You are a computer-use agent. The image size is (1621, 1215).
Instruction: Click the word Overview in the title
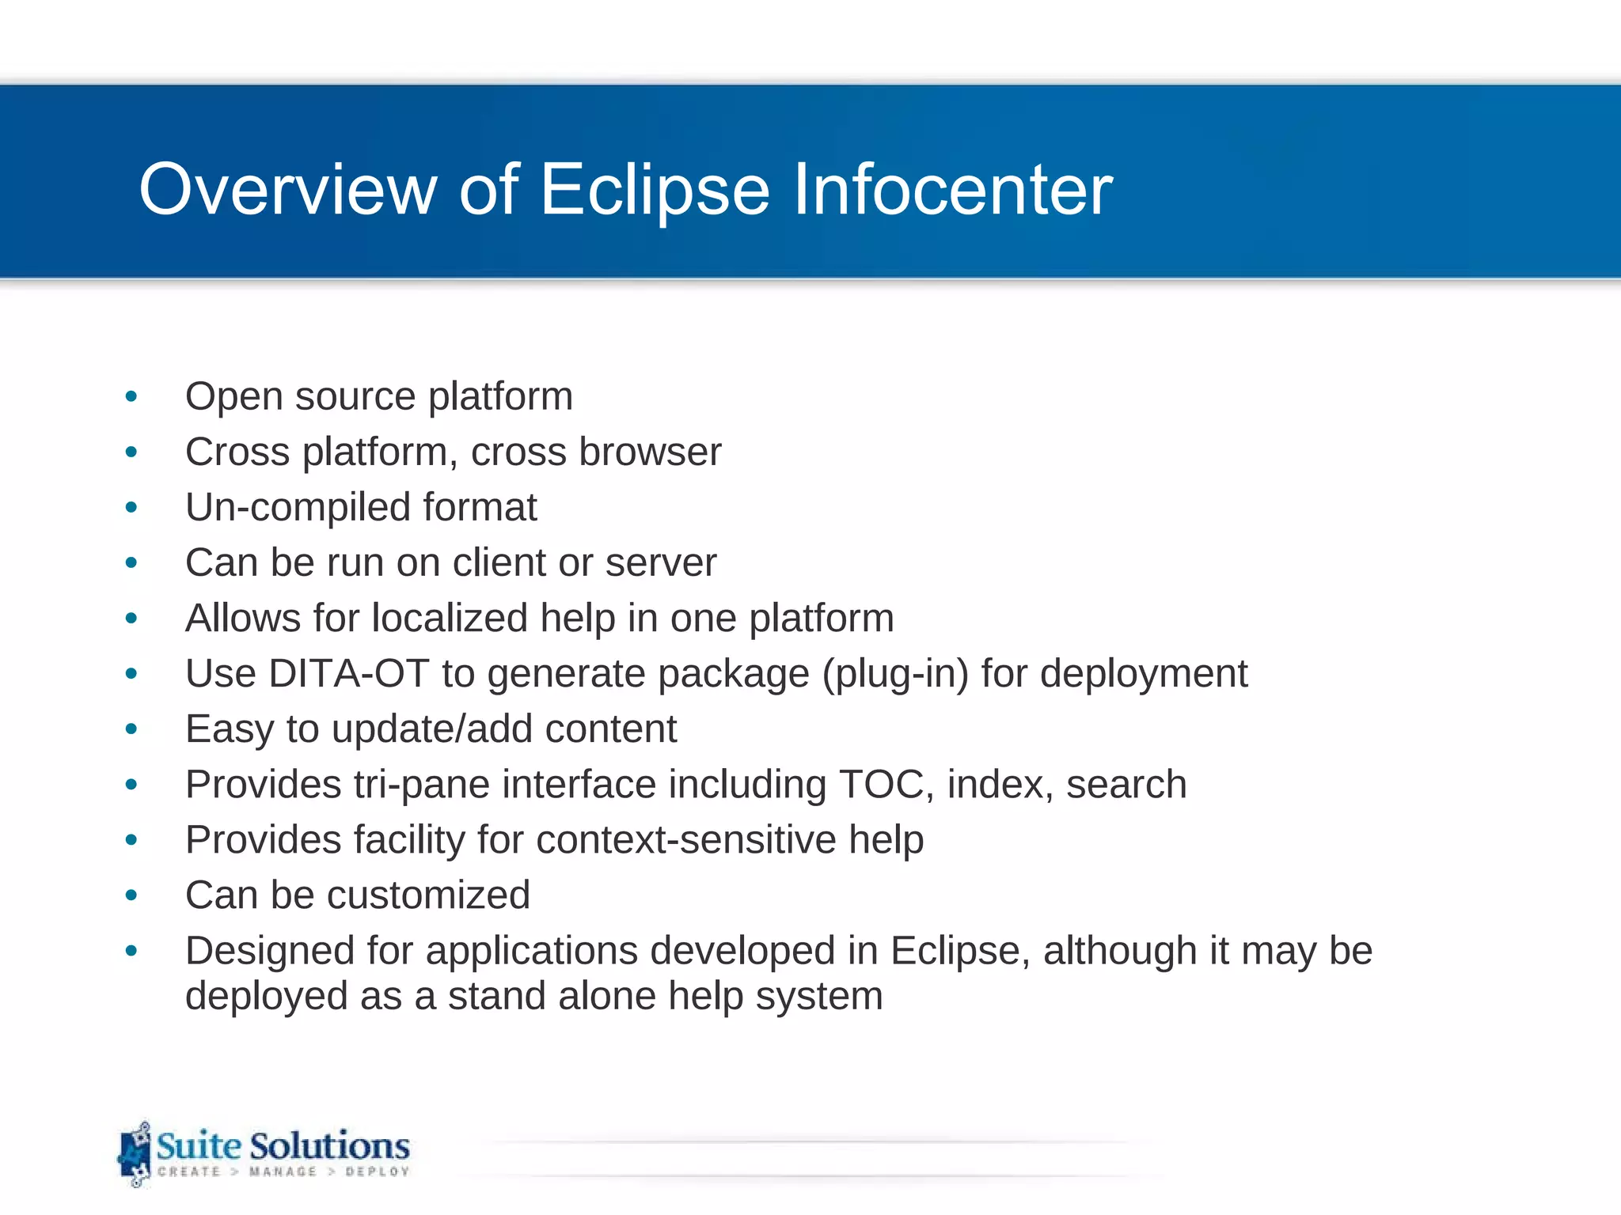coord(288,190)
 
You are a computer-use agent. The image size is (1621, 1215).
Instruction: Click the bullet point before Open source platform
coord(131,396)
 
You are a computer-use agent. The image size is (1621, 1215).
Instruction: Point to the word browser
coord(650,452)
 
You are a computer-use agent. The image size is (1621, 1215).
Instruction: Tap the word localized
coord(450,618)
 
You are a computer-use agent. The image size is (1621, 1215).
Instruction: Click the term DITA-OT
coord(348,674)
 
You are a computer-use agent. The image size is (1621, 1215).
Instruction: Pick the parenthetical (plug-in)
coord(895,675)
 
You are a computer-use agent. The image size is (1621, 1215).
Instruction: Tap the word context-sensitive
coord(685,839)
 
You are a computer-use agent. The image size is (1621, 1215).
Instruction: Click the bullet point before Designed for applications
coord(131,950)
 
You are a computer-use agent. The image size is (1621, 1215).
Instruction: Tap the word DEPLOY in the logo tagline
coord(378,1171)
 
